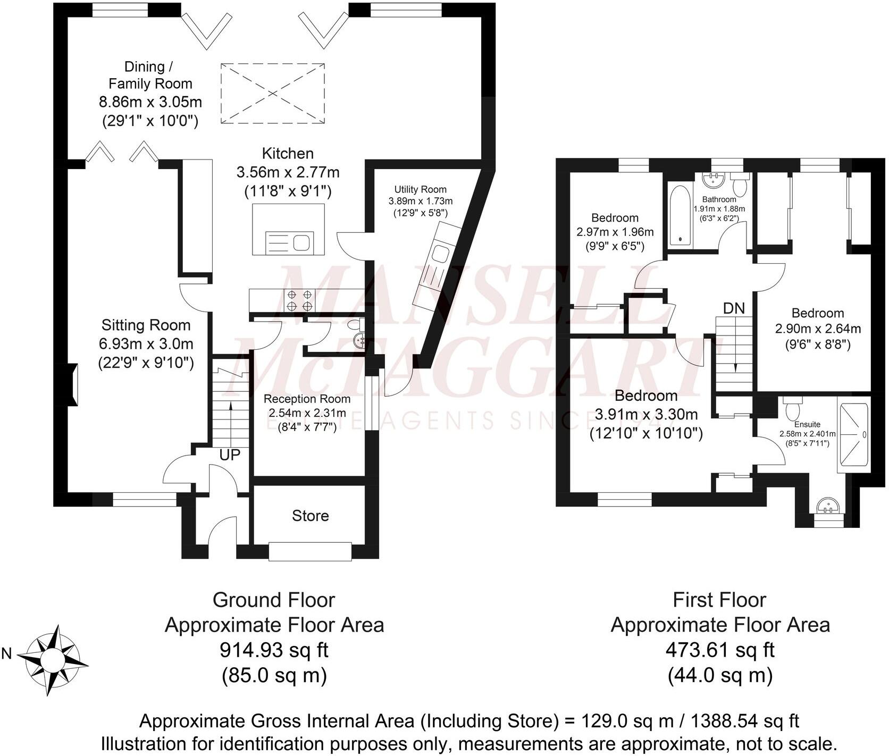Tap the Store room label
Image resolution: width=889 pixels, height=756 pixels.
point(310,516)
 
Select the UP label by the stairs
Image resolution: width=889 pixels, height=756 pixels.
point(230,455)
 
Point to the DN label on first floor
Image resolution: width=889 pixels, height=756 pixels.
point(734,308)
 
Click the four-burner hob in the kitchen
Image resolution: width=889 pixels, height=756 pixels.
point(299,300)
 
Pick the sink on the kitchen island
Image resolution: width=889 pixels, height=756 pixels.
point(301,243)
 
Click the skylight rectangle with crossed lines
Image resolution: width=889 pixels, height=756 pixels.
point(273,94)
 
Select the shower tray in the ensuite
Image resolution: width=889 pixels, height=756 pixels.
point(853,438)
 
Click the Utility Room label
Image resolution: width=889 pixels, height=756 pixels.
point(420,189)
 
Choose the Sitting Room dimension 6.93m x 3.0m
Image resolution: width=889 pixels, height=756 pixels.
point(146,344)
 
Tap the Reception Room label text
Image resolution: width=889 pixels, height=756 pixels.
point(307,399)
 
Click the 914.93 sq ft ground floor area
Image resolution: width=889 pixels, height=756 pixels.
point(274,650)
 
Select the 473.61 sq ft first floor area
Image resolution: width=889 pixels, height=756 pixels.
point(719,650)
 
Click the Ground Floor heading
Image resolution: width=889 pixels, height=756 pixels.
point(274,600)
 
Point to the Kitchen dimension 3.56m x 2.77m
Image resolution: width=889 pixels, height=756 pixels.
point(288,172)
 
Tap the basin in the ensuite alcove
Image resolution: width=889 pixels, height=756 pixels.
point(829,505)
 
